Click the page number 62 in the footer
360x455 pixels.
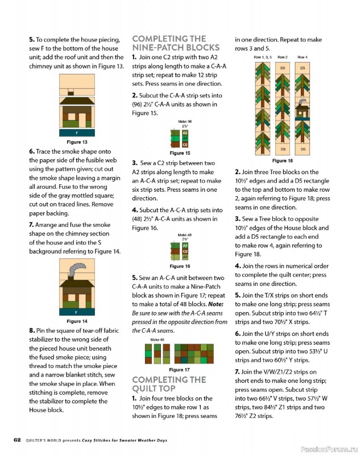click(x=17, y=440)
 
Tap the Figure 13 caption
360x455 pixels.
click(x=77, y=142)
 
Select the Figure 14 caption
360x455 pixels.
click(x=77, y=321)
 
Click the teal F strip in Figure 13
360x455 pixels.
click(x=77, y=133)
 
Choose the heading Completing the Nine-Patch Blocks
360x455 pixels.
click(x=176, y=43)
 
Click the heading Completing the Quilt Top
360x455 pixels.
click(x=169, y=384)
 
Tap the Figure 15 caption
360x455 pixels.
click(x=180, y=153)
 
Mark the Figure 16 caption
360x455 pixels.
click(x=180, y=266)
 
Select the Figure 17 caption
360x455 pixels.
click(x=179, y=370)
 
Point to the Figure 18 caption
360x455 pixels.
click(x=283, y=160)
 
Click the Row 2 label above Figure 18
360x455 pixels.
click(x=283, y=57)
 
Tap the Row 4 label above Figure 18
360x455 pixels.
click(x=302, y=57)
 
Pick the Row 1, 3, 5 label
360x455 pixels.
click(x=263, y=57)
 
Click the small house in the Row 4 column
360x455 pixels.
click(x=302, y=111)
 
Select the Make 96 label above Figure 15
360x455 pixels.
click(x=185, y=122)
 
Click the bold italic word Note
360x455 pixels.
click(x=216, y=304)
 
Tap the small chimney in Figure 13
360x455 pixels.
click(x=71, y=93)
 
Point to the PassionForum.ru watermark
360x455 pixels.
click(x=329, y=449)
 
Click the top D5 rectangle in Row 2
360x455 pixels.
click(x=283, y=68)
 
